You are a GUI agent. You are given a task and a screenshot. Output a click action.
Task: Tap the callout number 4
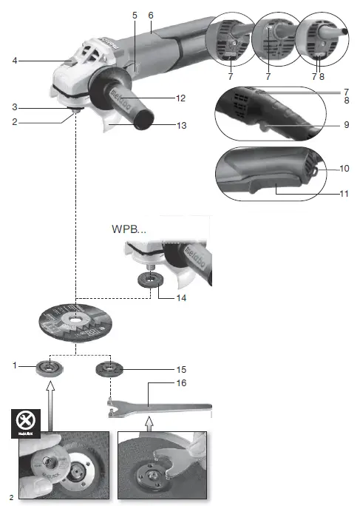[x=15, y=61]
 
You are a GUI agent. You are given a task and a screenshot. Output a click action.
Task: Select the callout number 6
[x=151, y=15]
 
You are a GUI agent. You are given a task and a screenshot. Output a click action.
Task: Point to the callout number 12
[x=181, y=98]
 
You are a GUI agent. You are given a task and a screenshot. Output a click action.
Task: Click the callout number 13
[x=181, y=125]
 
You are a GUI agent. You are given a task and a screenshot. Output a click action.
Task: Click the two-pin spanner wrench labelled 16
[x=159, y=403]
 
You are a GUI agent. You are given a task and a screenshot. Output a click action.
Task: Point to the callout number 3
[x=15, y=107]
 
